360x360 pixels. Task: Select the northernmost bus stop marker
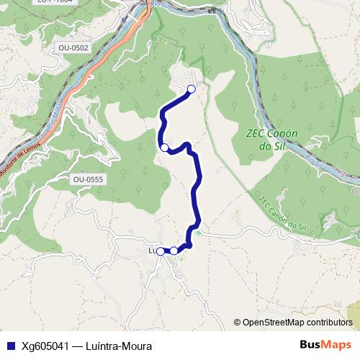(192, 89)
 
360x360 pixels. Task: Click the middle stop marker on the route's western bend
(164, 148)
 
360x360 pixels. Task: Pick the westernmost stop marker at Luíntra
(161, 251)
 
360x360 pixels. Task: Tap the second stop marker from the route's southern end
(174, 251)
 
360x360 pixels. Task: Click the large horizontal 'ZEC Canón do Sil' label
(271, 140)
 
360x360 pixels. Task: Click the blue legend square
(9, 345)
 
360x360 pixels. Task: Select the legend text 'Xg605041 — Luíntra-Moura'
(86, 345)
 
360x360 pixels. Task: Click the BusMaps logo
(325, 344)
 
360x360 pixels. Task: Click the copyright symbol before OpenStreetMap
(238, 323)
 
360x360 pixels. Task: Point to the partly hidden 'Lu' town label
(152, 251)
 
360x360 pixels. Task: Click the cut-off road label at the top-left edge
(54, 3)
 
